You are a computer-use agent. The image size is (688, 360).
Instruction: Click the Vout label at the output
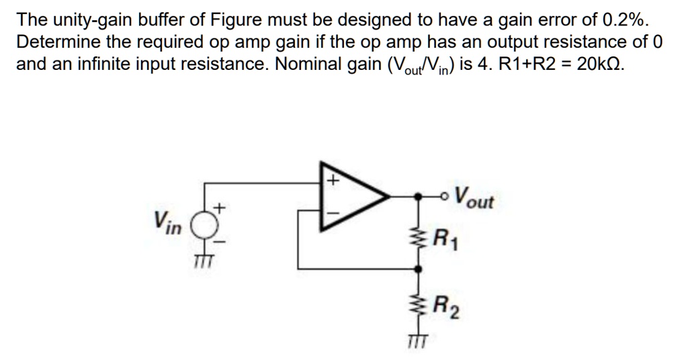tap(474, 198)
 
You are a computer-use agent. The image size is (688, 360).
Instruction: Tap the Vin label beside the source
tap(167, 222)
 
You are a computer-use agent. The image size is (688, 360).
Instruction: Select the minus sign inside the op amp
tap(332, 214)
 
